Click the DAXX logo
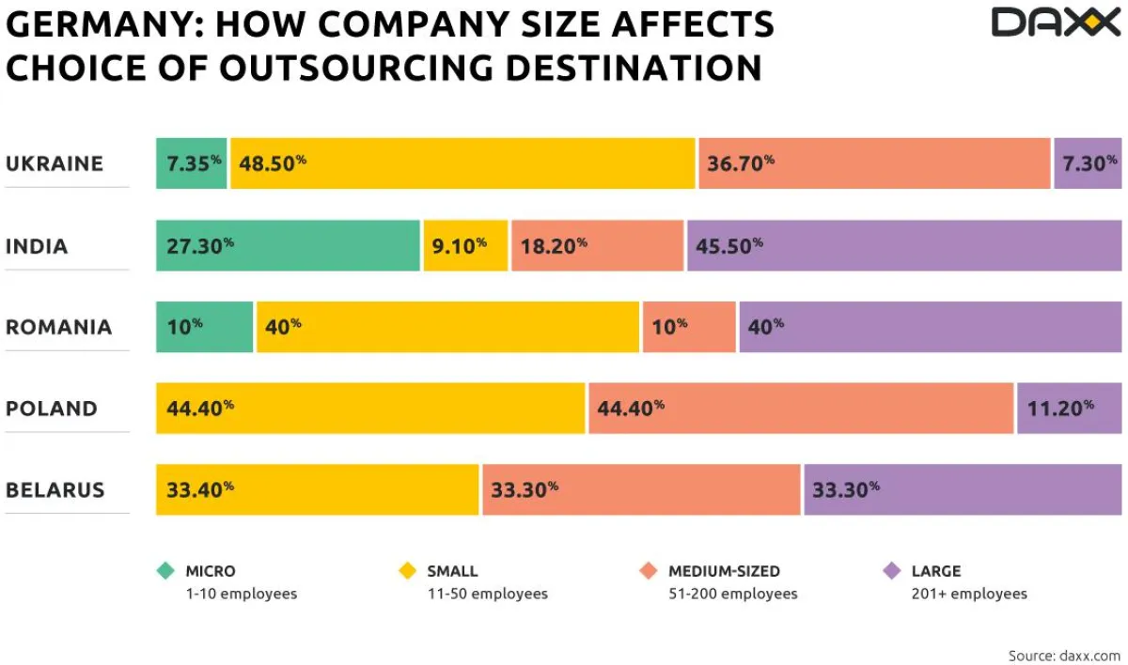[1056, 23]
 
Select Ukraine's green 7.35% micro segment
[192, 163]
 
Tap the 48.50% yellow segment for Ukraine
[462, 163]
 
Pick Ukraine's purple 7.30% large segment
[1088, 163]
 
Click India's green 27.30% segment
[288, 245]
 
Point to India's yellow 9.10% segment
[465, 245]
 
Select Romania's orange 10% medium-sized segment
[689, 327]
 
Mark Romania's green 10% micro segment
[205, 327]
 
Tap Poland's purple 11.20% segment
[1069, 409]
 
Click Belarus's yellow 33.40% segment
[318, 489]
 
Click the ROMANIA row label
[58, 328]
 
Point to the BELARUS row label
[55, 490]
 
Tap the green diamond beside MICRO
[166, 570]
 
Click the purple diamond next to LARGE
[892, 570]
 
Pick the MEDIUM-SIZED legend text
[724, 571]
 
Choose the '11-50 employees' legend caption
[487, 594]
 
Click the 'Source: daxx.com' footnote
[1064, 655]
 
